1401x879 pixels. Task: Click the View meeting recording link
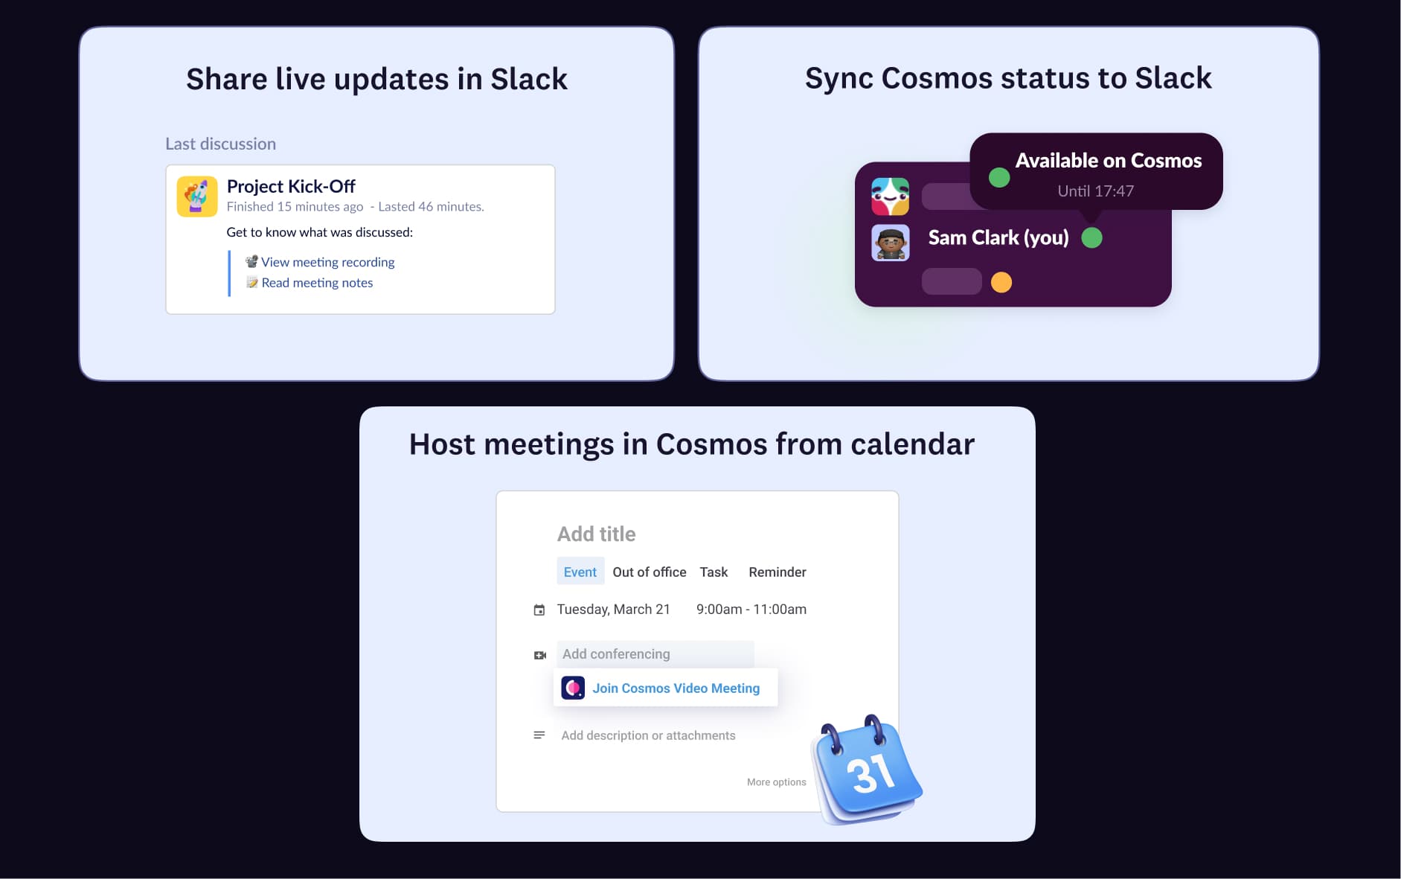(x=327, y=262)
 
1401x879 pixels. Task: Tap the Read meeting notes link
(x=317, y=283)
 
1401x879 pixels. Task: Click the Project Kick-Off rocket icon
(x=197, y=196)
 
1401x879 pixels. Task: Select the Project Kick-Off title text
(x=291, y=186)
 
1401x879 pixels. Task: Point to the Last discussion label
(x=220, y=144)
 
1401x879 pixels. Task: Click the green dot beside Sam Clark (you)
(x=1091, y=238)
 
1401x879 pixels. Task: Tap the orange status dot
(x=1001, y=283)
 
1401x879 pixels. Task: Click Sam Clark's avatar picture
(x=891, y=243)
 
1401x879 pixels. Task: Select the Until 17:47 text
(x=1095, y=191)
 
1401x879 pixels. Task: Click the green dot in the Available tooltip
(x=999, y=177)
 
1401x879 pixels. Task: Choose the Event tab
(x=580, y=572)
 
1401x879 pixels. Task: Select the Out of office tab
(x=649, y=572)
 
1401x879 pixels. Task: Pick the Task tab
(x=714, y=572)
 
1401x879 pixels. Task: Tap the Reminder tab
(x=777, y=572)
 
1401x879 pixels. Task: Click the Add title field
(x=596, y=534)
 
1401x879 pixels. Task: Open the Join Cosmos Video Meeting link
(x=676, y=688)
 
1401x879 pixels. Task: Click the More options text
(x=776, y=782)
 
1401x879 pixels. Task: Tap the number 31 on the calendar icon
(x=871, y=774)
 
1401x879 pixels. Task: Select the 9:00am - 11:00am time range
(x=751, y=610)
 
